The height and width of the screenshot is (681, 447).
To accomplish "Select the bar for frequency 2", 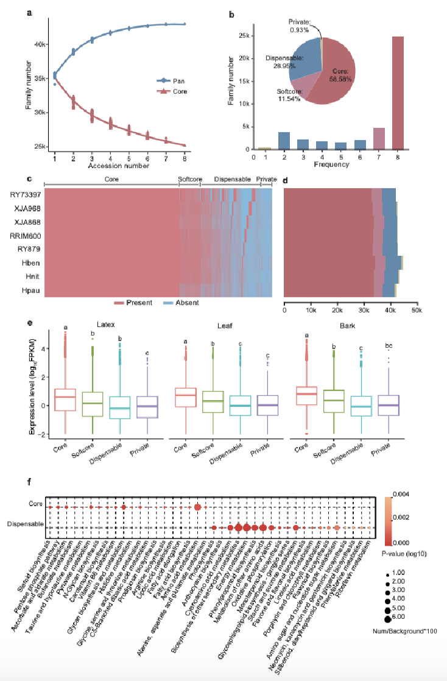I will point(284,141).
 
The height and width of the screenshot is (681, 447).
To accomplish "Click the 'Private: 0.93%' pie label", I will point(300,26).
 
